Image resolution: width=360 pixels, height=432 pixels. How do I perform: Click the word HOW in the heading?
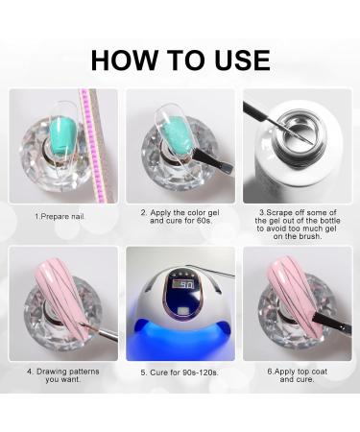coord(124,60)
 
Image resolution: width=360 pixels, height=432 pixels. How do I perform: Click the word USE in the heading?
coord(243,60)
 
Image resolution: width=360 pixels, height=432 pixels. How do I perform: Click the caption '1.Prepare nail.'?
coord(60,216)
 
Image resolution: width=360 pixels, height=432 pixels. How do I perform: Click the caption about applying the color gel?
coord(180,216)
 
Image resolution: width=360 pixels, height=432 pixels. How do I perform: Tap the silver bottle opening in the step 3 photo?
coord(299,132)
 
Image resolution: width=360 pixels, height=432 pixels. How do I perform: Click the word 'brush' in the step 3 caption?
coord(309,236)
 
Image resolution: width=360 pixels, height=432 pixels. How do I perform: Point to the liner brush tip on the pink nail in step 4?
coord(84,325)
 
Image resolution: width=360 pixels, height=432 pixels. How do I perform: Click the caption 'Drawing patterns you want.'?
coord(63,375)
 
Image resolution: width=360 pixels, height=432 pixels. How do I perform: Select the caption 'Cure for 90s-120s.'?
coord(180,372)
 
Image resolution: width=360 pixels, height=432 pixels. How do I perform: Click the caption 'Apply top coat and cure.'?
coord(298,375)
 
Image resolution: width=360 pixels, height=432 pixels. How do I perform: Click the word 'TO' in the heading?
coord(186,60)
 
